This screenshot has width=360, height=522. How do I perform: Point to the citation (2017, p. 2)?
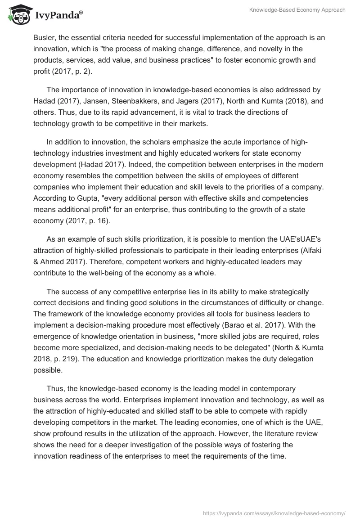point(75,71)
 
